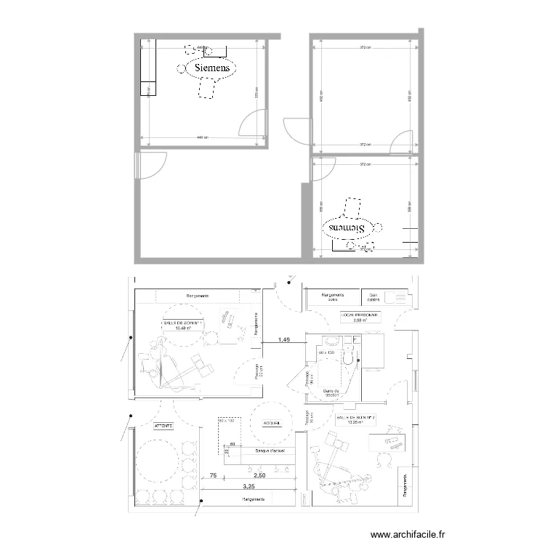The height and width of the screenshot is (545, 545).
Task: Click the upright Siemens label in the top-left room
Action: tap(212, 68)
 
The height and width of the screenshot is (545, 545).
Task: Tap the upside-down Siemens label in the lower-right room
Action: tap(347, 227)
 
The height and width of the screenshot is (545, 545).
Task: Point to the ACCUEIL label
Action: tap(272, 421)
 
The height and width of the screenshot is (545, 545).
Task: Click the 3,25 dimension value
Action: tap(249, 485)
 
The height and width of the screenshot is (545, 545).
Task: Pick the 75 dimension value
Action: tap(213, 475)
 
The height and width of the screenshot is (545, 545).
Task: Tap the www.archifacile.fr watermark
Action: tap(407, 534)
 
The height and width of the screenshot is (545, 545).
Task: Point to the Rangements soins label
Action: tap(333, 297)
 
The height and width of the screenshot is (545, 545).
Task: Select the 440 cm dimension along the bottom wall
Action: tap(201, 137)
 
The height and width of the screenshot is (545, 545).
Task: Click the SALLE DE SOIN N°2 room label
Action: tap(350, 421)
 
